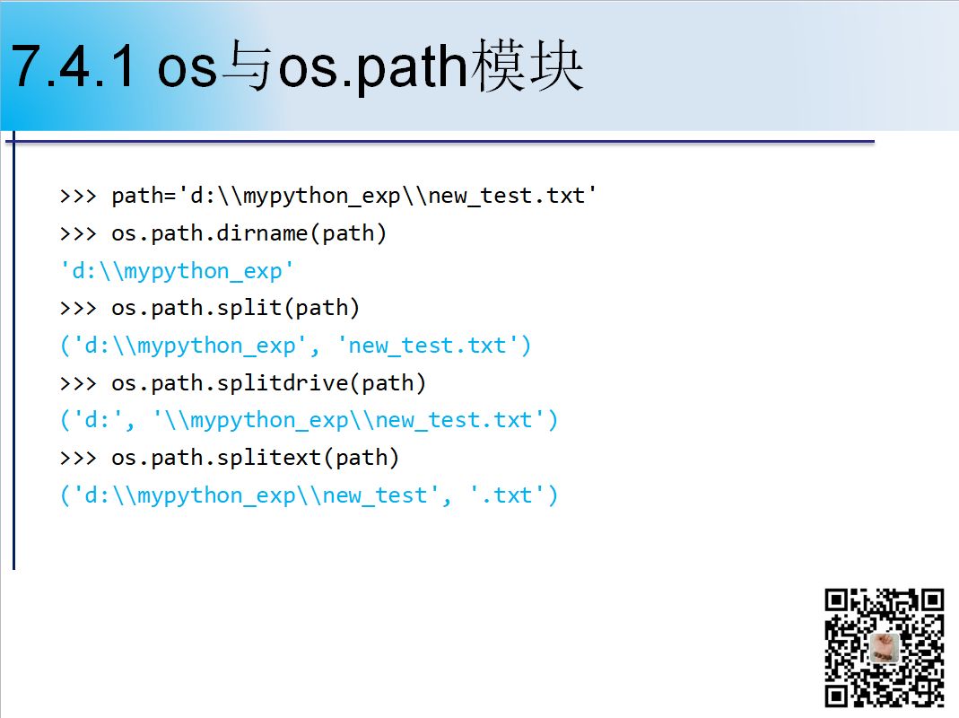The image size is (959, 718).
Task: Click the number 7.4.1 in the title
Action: click(73, 66)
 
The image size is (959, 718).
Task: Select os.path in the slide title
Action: click(374, 67)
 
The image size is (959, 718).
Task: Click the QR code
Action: click(885, 648)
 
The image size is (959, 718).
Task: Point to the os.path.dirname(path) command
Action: click(248, 233)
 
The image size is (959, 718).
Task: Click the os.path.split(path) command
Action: click(235, 308)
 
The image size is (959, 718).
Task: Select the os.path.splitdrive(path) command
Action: click(268, 383)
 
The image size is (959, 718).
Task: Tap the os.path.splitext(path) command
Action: click(255, 458)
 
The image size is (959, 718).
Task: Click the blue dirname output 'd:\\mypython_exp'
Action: click(177, 270)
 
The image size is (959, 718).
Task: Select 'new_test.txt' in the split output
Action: click(428, 346)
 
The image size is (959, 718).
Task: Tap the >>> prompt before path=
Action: click(78, 197)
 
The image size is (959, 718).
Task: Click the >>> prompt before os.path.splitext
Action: click(78, 459)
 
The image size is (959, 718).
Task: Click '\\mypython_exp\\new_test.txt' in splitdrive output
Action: click(349, 420)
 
